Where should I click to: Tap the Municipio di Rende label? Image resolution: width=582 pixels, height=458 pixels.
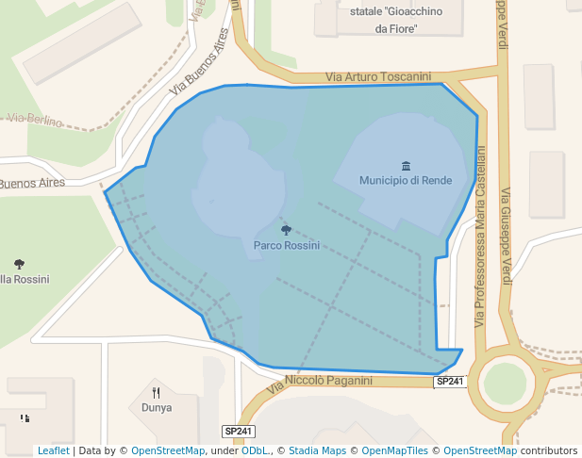click(406, 180)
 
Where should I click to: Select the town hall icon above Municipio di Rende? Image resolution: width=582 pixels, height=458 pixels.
click(406, 166)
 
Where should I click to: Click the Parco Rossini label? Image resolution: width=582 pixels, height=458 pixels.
click(287, 245)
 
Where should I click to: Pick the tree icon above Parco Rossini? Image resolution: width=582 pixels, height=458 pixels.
click(287, 230)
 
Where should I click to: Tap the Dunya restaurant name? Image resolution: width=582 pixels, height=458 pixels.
click(157, 408)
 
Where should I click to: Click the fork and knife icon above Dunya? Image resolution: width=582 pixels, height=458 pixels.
click(157, 393)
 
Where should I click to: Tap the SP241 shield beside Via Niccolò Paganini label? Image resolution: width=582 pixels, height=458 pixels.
click(450, 382)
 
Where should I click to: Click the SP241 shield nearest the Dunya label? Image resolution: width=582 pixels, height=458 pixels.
click(239, 431)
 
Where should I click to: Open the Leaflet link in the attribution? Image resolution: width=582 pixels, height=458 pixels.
click(53, 451)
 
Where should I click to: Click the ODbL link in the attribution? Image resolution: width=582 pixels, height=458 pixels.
click(255, 451)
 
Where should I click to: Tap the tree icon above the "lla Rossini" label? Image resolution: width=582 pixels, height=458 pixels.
click(20, 264)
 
